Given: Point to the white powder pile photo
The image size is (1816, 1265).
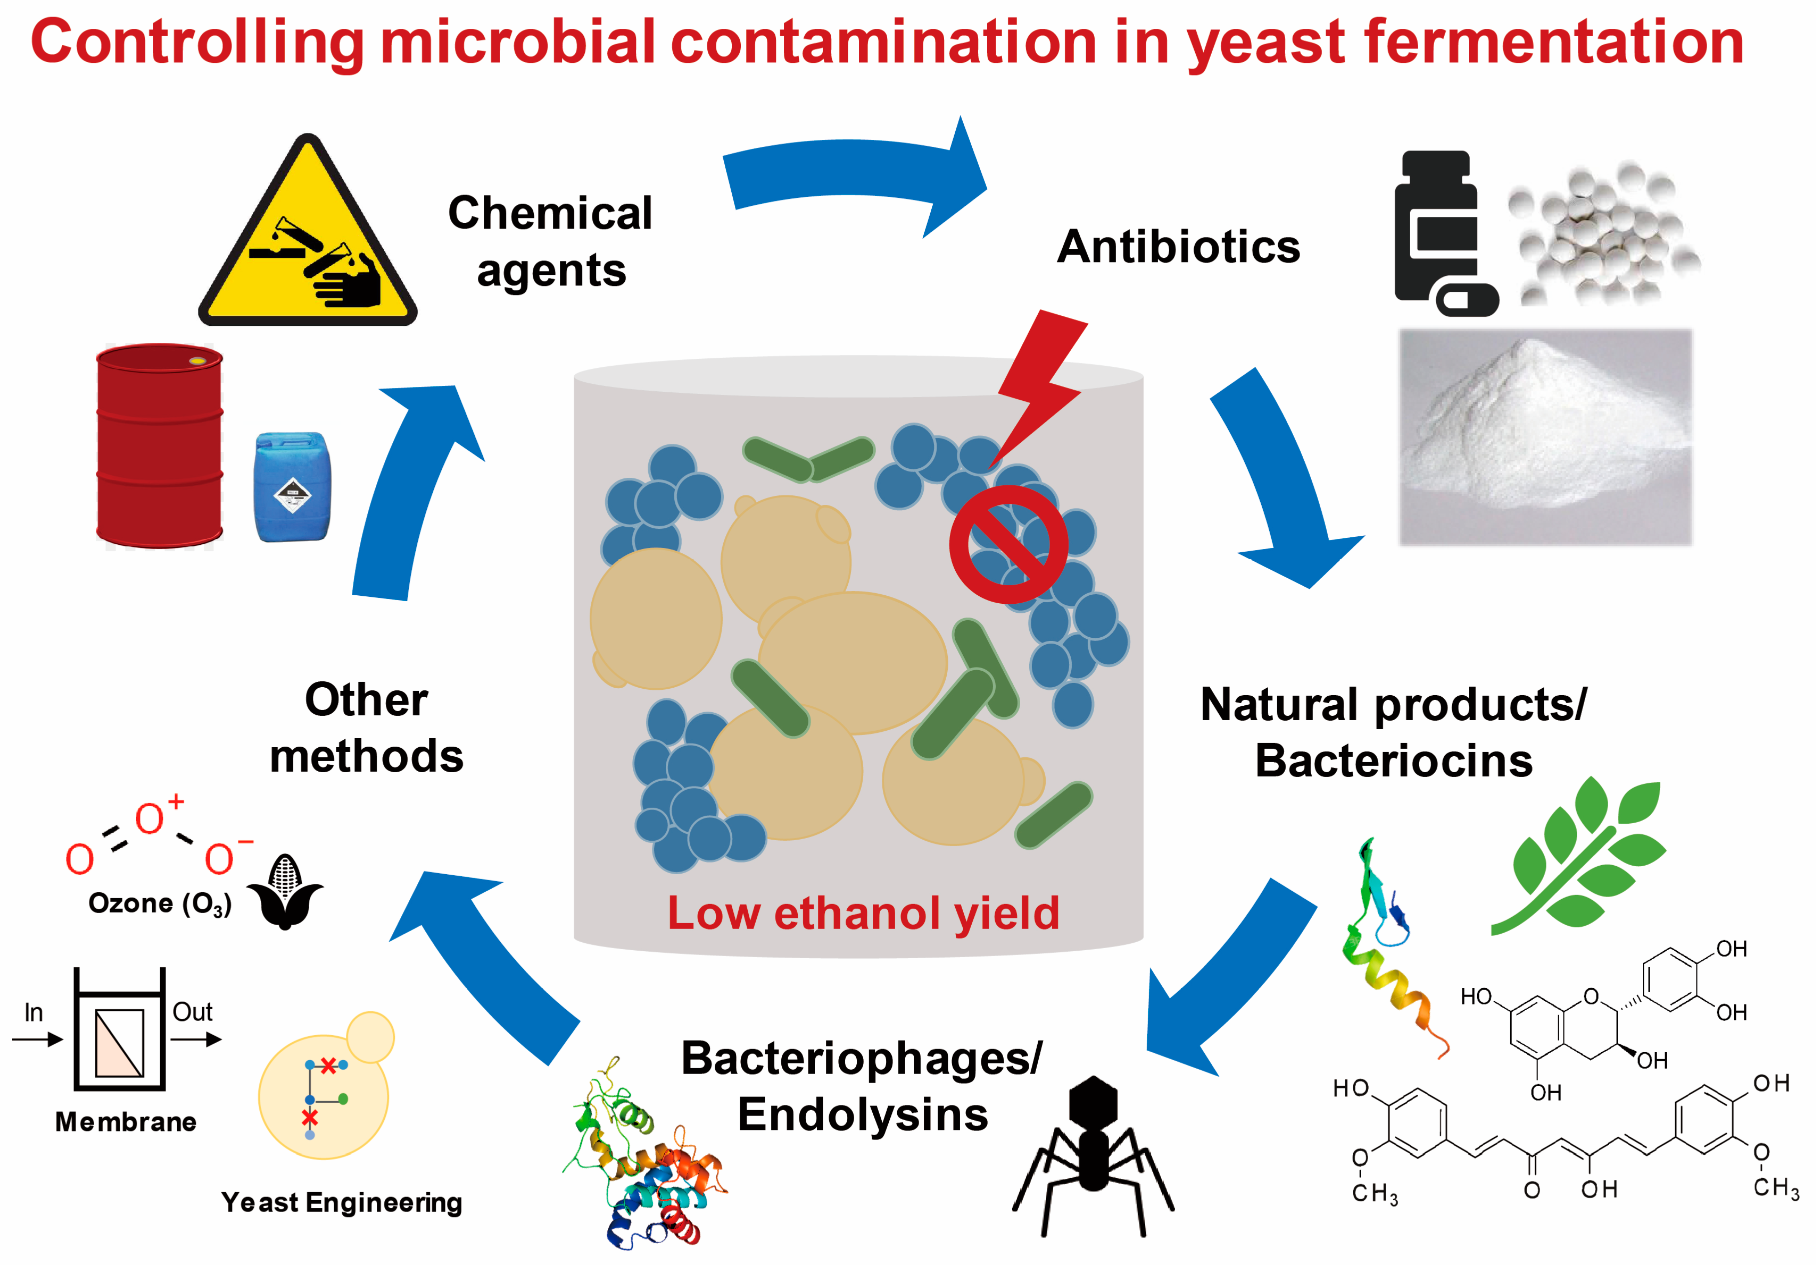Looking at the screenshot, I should click(x=1545, y=437).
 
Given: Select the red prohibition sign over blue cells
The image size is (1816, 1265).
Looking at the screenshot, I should click(x=1008, y=544).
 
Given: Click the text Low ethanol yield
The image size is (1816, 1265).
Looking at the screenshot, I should click(x=862, y=913).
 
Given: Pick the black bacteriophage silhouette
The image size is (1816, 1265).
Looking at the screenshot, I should click(x=1093, y=1155).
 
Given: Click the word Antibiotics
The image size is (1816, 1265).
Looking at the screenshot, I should click(x=1179, y=247).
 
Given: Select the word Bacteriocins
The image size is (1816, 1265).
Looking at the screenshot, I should click(x=1394, y=761).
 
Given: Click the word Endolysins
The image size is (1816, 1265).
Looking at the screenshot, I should click(x=862, y=1115).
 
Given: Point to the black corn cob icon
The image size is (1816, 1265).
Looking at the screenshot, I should click(x=285, y=892).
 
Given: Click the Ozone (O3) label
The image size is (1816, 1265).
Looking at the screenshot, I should click(x=160, y=904).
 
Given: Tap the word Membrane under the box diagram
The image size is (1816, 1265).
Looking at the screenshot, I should click(x=126, y=1122).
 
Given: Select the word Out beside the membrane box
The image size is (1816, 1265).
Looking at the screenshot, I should click(x=192, y=1012).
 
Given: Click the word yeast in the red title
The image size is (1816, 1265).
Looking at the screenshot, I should click(x=1266, y=43).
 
